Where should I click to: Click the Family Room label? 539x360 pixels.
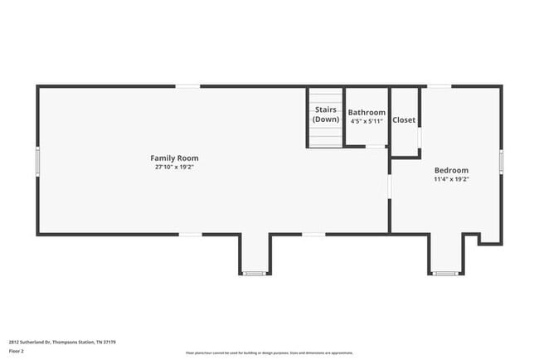click(x=174, y=158)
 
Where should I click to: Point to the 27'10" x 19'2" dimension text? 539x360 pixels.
click(x=174, y=167)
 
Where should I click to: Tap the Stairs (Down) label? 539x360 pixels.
click(x=326, y=114)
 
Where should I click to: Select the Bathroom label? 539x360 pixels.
click(x=367, y=112)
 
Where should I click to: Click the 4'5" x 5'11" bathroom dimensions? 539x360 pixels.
click(x=367, y=121)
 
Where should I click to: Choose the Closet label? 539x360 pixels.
click(x=404, y=120)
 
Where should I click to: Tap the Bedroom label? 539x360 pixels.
click(x=451, y=170)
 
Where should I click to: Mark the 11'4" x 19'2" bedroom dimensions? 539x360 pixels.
click(x=451, y=179)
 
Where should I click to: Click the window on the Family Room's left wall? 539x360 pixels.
click(x=37, y=160)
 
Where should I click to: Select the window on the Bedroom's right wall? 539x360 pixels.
click(x=501, y=160)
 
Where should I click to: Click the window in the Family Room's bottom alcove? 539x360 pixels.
click(x=254, y=273)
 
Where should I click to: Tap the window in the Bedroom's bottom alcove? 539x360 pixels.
click(x=445, y=273)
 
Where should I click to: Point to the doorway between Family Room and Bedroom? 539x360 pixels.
click(x=390, y=186)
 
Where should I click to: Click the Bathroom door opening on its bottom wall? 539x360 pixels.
click(x=376, y=147)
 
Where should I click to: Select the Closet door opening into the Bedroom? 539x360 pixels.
click(x=420, y=137)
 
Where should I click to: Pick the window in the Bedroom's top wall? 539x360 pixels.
click(x=439, y=85)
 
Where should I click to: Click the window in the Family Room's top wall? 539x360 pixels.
click(x=187, y=85)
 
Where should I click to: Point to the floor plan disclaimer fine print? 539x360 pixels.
click(x=269, y=352)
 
